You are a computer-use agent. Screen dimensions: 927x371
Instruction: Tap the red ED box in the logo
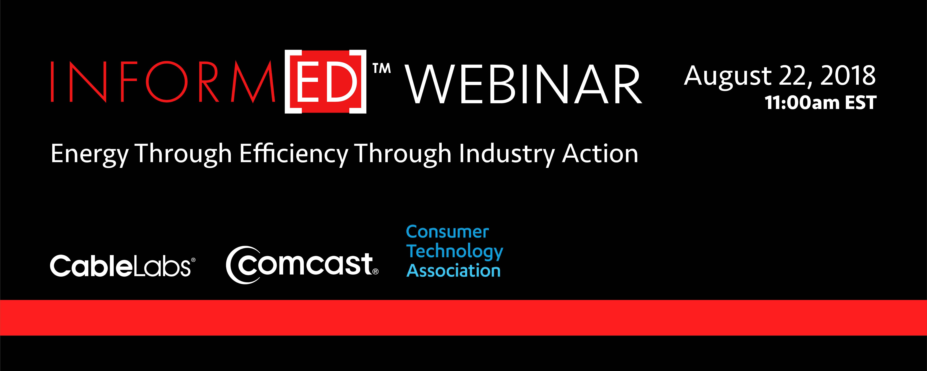326,81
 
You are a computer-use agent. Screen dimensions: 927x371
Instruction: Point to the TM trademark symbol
381,68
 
